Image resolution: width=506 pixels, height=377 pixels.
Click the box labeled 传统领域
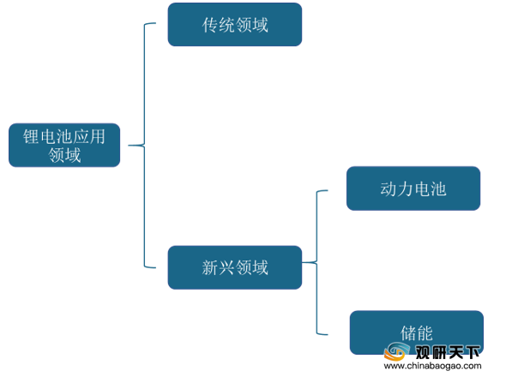(x=235, y=25)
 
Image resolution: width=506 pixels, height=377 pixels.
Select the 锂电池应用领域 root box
(x=64, y=145)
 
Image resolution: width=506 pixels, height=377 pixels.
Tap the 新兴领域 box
(x=235, y=267)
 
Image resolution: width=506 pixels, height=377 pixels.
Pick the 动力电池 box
(x=413, y=188)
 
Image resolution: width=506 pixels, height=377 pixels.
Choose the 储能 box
(x=416, y=332)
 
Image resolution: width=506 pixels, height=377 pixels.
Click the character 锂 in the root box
(x=31, y=137)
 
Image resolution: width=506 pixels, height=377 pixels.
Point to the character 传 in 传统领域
(x=210, y=25)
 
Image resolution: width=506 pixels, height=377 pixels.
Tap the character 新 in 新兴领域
(x=210, y=267)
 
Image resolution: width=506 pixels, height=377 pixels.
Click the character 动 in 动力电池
(x=389, y=188)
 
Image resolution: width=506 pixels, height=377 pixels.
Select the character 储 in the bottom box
(x=408, y=332)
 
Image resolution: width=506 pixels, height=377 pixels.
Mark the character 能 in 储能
(x=425, y=332)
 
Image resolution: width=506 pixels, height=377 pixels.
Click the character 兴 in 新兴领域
(x=227, y=267)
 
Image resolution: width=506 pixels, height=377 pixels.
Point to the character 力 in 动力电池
(x=405, y=188)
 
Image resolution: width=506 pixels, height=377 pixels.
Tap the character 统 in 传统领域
(x=227, y=25)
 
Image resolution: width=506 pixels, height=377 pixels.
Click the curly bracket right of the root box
(x=144, y=145)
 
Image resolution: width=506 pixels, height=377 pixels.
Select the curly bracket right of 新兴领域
(x=316, y=262)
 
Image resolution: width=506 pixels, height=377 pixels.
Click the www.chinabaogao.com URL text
(x=432, y=366)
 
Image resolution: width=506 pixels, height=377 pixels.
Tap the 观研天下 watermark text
(x=448, y=352)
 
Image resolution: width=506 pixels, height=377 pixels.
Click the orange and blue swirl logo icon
(x=397, y=351)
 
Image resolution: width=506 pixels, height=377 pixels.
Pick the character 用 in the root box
(x=97, y=137)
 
